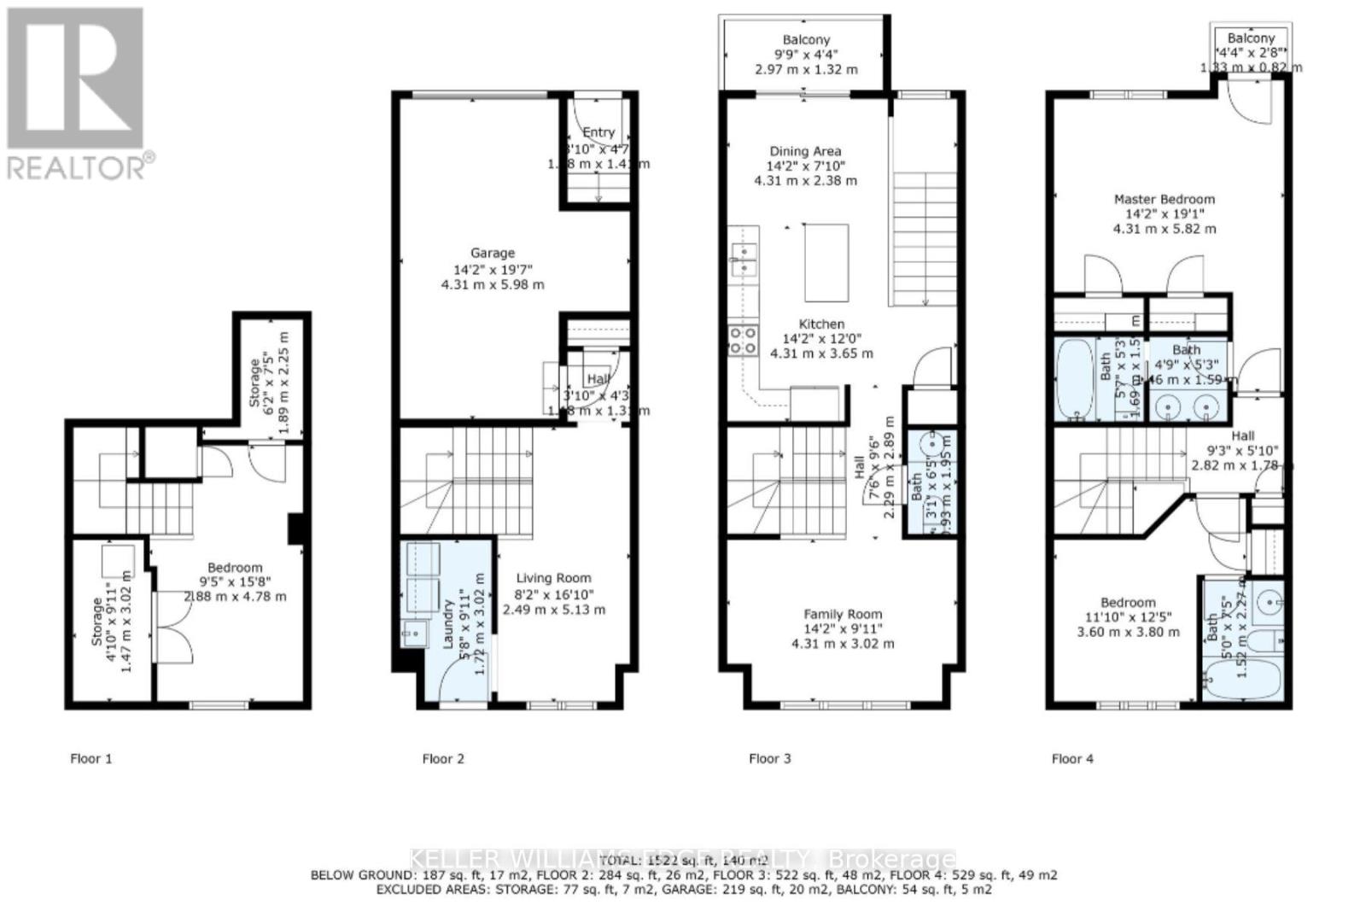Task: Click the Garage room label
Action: (493, 253)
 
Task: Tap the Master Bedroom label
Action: (1165, 199)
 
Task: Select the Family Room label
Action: (843, 614)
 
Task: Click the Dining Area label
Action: (805, 151)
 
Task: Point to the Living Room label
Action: (553, 578)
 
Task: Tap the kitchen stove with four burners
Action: (743, 340)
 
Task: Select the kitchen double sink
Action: (743, 260)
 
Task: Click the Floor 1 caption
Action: (91, 758)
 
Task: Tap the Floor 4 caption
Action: (1072, 758)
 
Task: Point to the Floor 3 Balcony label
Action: (806, 40)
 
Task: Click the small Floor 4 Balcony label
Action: (1251, 38)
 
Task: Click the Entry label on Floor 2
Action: (598, 132)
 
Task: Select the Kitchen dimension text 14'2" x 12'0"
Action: (821, 339)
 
